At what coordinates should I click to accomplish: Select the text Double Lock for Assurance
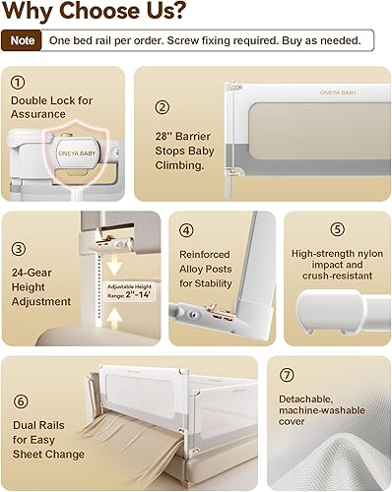click(x=52, y=106)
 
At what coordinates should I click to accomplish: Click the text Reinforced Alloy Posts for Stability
click(x=207, y=269)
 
